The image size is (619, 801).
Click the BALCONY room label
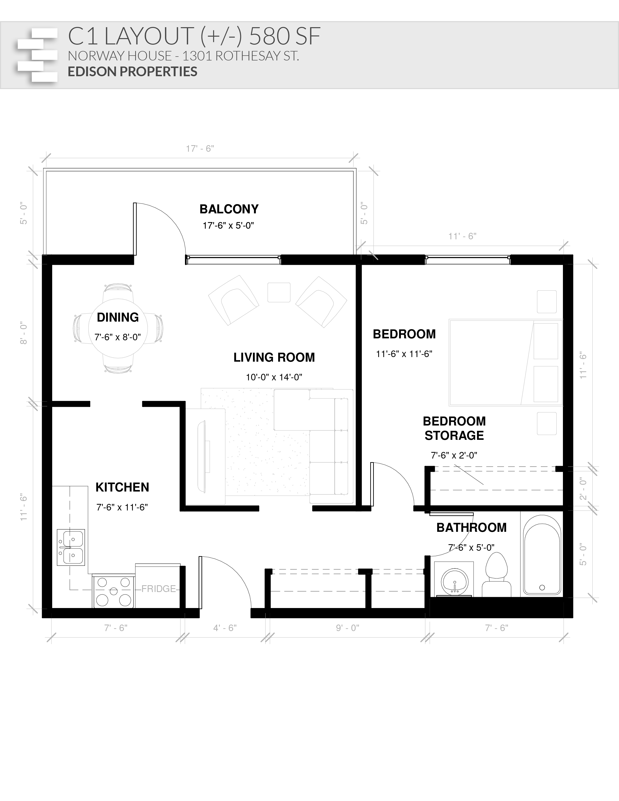(229, 209)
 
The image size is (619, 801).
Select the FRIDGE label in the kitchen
(159, 589)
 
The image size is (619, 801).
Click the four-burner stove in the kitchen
(113, 591)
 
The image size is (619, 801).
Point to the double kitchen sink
(71, 547)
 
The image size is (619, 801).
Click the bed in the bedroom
(505, 362)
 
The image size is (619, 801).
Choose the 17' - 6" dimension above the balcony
(200, 149)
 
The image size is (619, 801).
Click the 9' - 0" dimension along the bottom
(348, 628)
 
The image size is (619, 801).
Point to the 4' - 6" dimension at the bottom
(225, 628)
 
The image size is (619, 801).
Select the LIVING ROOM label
(274, 357)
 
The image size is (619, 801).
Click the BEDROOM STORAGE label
(454, 428)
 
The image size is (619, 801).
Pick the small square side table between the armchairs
(279, 292)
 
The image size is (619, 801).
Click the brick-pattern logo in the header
(37, 55)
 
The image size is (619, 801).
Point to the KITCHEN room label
(123, 487)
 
